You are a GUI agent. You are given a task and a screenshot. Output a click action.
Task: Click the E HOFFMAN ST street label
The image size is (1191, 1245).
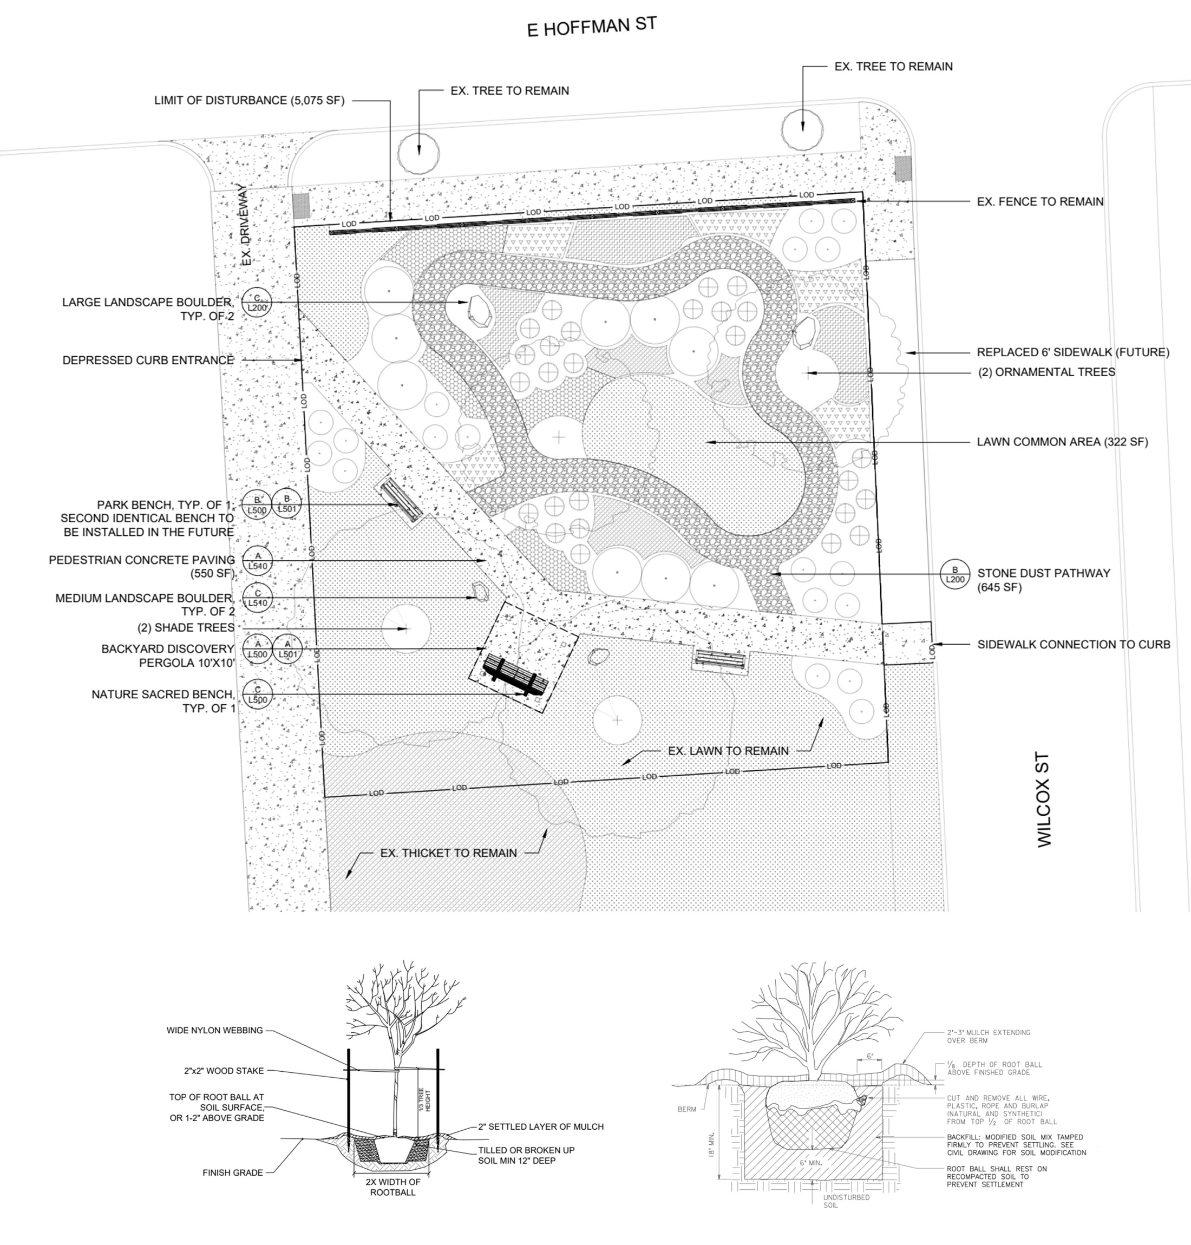pos(591,27)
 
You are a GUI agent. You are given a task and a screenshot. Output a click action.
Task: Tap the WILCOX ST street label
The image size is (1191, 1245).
pos(1044,800)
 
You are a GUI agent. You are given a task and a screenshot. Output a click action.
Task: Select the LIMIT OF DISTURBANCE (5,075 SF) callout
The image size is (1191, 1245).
pos(249,100)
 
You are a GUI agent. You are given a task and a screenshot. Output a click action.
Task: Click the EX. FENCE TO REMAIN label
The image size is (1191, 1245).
pos(1040,202)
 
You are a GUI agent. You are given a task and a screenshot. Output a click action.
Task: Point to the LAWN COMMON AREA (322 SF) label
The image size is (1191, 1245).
pos(1062,442)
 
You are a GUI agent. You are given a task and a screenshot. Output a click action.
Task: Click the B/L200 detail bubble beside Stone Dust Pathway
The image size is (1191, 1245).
pos(955,574)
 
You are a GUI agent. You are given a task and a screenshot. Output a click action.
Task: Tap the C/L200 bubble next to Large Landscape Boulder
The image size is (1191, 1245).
pos(257,303)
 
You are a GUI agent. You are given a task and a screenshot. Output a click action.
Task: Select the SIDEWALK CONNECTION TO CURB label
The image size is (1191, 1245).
pos(1074,644)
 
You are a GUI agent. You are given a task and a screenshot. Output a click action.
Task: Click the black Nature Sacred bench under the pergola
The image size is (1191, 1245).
pos(515,677)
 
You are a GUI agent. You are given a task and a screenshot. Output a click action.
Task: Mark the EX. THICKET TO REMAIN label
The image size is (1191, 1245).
pos(448,853)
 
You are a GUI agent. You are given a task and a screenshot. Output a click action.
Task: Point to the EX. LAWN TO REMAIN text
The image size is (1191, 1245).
pos(728,750)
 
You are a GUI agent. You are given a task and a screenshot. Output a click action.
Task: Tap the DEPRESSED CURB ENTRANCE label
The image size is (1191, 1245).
pos(148,360)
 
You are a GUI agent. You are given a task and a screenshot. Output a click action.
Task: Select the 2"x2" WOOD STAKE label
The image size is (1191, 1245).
pos(224,1070)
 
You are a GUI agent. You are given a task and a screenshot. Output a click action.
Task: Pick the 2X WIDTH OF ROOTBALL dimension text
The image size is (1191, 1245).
pos(392,1187)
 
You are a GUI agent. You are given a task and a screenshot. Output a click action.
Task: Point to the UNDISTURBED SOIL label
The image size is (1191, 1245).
pos(846,1201)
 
